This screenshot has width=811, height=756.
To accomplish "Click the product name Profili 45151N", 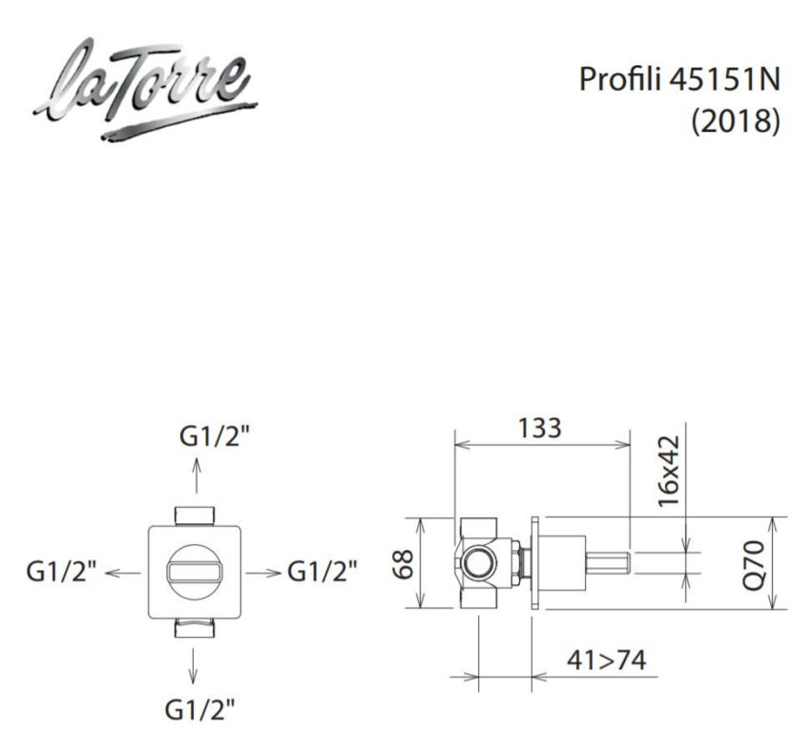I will click(679, 79).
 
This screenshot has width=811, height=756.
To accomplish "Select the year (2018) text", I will click(736, 121).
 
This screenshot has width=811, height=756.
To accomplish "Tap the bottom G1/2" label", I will click(200, 709).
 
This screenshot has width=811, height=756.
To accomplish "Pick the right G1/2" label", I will click(323, 572).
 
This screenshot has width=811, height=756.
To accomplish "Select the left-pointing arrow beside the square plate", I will click(122, 572).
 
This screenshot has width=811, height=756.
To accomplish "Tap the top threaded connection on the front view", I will click(197, 514).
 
